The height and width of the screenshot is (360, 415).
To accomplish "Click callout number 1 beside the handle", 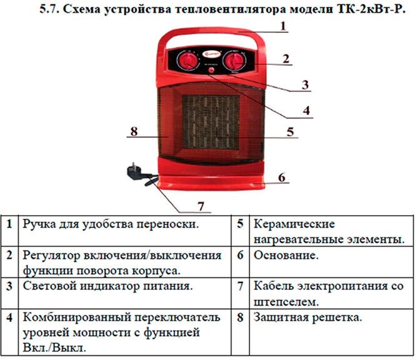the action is pyautogui.click(x=283, y=26).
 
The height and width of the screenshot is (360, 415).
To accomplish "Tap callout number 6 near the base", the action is pyautogui.click(x=282, y=177).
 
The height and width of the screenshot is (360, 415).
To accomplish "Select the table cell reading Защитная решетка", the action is pyautogui.click(x=307, y=317).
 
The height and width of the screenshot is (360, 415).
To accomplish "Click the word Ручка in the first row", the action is pyautogui.click(x=41, y=224).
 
